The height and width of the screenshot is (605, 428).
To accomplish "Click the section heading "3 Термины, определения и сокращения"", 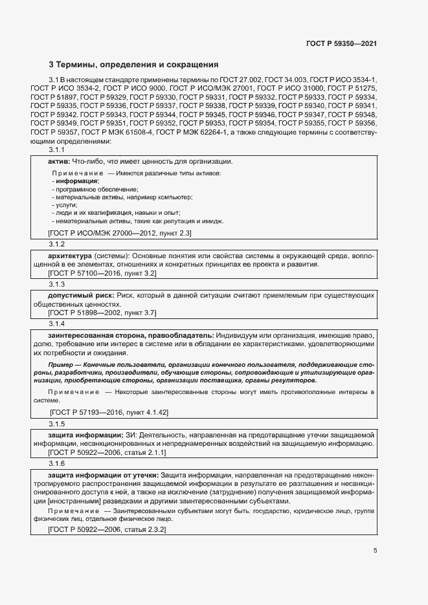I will (x=133, y=65).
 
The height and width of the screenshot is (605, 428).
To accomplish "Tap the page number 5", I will (x=375, y=551).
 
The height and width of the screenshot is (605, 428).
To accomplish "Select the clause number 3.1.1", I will (x=57, y=150).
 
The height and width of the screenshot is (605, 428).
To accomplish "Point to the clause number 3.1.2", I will (x=57, y=245).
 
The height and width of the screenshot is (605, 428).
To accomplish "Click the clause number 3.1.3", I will (x=57, y=284).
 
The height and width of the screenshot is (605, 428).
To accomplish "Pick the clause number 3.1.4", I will (x=57, y=323).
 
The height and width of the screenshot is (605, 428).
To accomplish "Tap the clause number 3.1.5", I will (x=57, y=424).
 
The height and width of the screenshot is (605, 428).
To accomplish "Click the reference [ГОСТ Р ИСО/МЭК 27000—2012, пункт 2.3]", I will (x=119, y=233).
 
